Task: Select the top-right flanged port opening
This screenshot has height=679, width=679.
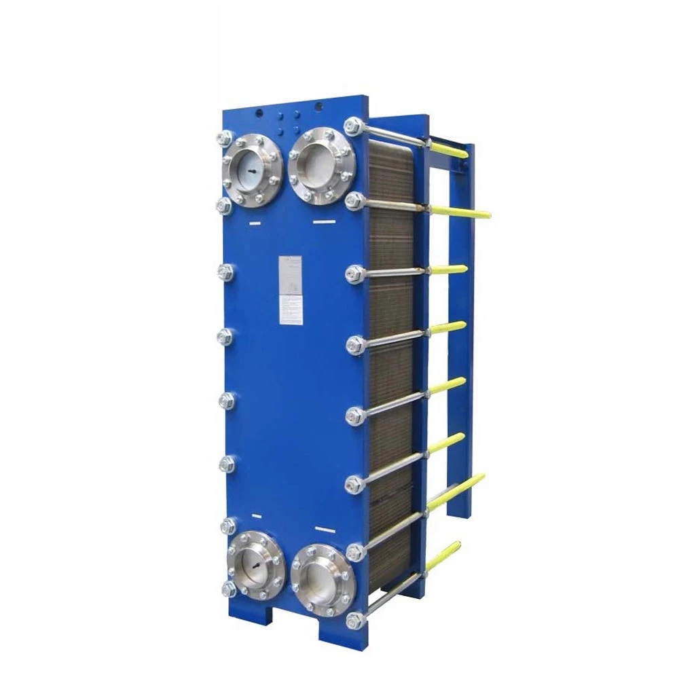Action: [x=320, y=167]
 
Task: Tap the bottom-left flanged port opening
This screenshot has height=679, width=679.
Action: [x=255, y=566]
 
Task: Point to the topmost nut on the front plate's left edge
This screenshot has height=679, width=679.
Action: [x=224, y=139]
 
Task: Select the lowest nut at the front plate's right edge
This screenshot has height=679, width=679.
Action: [x=355, y=620]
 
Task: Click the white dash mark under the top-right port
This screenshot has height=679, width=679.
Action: [x=320, y=221]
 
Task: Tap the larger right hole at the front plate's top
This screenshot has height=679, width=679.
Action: [x=318, y=106]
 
